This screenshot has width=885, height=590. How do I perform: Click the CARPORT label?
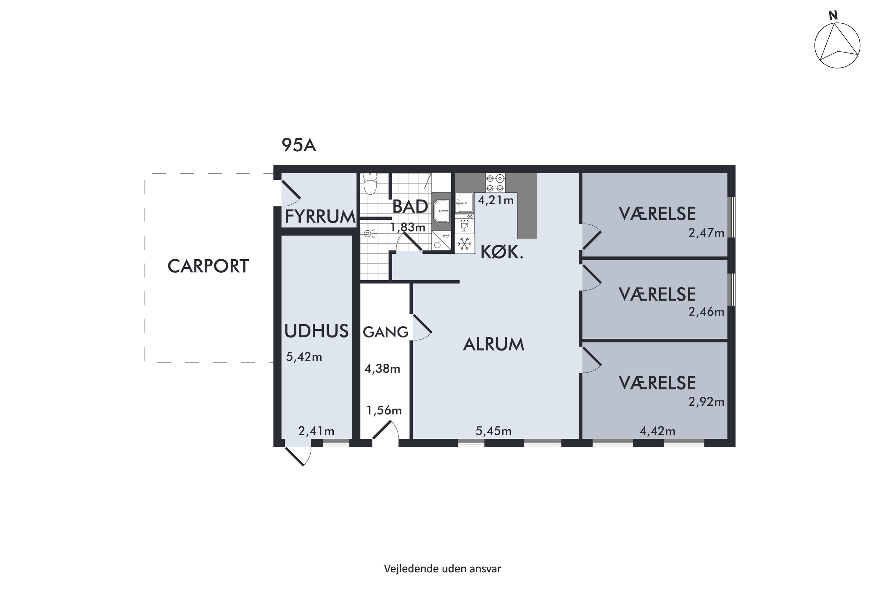tap(208, 266)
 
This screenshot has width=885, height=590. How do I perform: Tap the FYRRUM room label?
tap(320, 217)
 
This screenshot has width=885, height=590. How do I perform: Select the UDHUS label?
tap(317, 331)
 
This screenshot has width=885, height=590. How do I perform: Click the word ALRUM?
tap(494, 344)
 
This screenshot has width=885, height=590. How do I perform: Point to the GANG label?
tap(386, 332)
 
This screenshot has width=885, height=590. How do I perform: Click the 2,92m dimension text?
tap(706, 402)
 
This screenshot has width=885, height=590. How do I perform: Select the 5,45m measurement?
tap(493, 431)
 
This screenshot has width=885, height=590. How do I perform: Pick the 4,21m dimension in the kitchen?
tap(496, 200)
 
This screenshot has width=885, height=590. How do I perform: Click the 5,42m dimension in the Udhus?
tap(304, 357)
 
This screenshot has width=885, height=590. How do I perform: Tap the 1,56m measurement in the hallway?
tap(384, 410)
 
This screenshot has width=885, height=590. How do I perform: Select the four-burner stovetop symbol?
tap(495, 183)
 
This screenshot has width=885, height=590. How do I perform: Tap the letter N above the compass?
tap(833, 15)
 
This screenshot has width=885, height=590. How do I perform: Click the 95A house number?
tap(299, 145)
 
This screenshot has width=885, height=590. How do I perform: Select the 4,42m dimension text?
tap(657, 431)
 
